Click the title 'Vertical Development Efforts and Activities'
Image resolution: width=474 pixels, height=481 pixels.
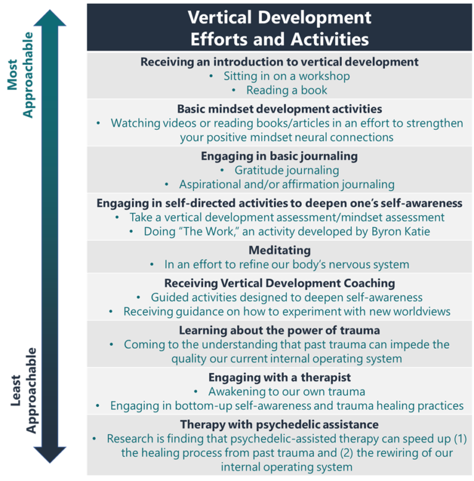point(279,27)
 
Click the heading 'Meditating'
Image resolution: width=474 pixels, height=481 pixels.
point(279,250)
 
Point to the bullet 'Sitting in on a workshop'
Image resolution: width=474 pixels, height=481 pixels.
point(286,76)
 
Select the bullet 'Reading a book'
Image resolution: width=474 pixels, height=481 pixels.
point(286,90)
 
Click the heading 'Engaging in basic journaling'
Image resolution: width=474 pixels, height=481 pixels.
point(279,156)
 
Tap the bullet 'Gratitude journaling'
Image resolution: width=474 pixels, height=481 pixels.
point(286,170)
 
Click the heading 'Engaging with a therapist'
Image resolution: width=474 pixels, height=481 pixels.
point(279,377)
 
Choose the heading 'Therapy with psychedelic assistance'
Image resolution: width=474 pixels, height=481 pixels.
point(279,424)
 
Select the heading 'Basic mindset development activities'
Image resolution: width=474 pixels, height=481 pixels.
point(279,109)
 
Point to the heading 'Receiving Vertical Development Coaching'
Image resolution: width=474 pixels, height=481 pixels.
point(279,283)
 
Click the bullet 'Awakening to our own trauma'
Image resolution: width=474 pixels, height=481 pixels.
point(286,391)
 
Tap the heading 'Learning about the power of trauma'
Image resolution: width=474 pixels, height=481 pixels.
point(279,330)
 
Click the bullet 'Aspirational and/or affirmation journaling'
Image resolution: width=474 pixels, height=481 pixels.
point(286,184)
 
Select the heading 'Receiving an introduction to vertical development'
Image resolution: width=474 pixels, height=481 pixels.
point(279,62)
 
